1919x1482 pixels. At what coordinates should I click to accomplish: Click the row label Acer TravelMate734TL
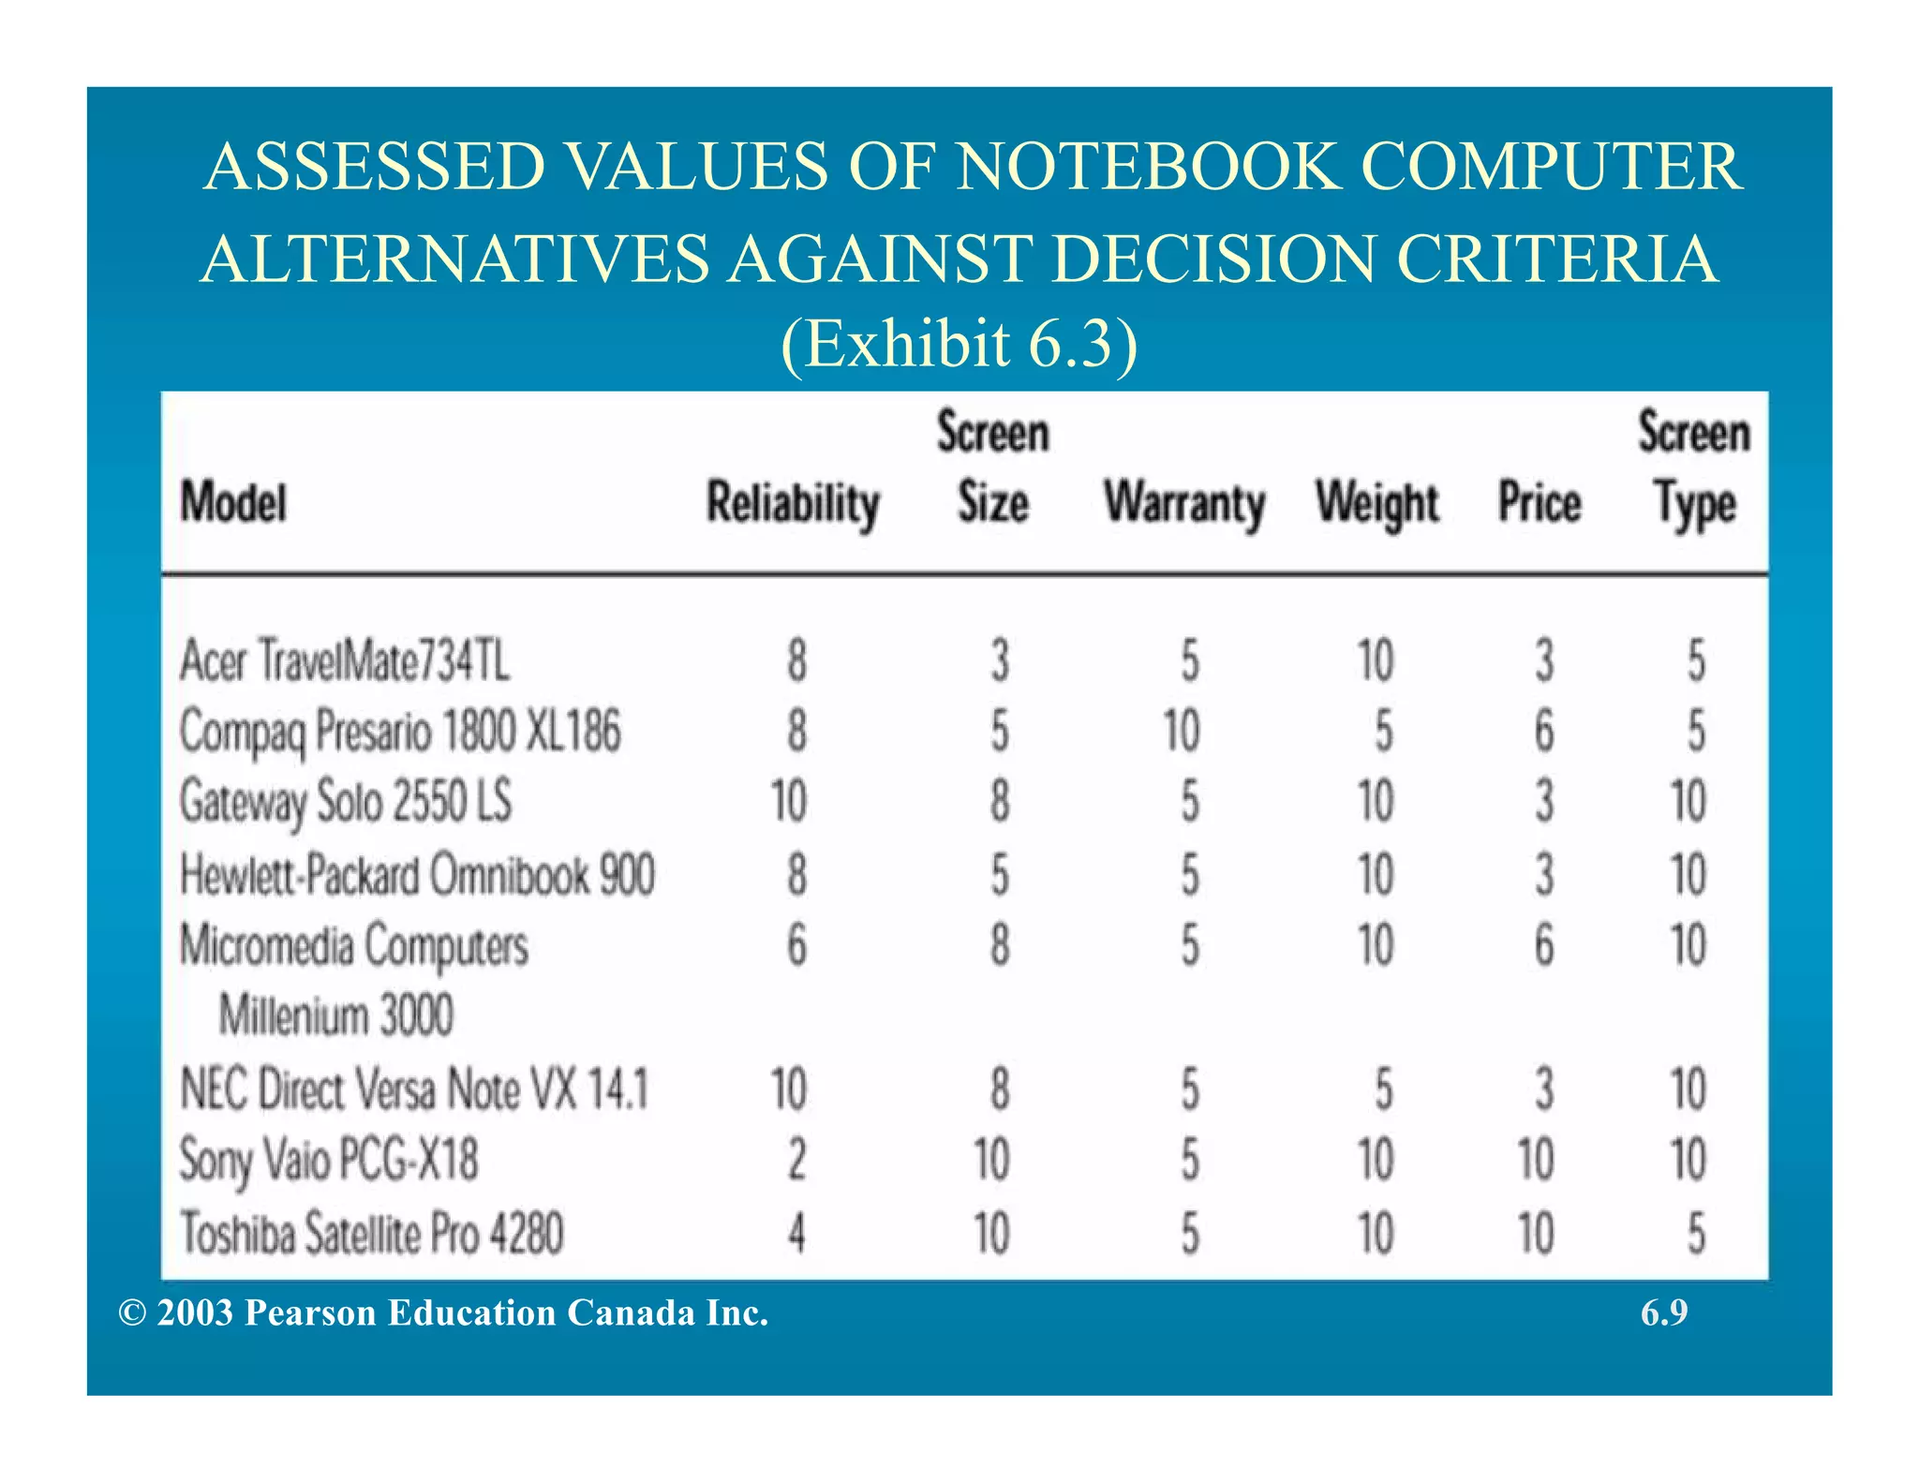345,660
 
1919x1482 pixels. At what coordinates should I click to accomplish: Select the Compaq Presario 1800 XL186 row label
400,731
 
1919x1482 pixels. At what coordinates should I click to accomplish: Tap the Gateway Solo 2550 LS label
346,802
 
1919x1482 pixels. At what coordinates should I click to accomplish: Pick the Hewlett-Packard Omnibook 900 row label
417,874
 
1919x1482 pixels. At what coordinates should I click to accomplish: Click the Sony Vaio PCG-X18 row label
329,1160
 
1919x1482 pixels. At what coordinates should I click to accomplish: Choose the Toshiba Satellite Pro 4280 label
372,1233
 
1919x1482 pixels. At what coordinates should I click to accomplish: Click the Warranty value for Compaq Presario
1182,731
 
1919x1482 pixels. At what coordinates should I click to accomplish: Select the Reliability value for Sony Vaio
796,1160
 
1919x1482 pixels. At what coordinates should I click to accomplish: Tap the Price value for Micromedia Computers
1544,945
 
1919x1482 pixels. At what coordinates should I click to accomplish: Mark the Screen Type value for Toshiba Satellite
1696,1233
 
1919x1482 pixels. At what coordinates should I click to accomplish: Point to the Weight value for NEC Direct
1383,1089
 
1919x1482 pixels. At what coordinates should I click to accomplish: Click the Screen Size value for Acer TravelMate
1000,660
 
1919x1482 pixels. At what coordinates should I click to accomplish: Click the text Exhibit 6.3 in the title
959,344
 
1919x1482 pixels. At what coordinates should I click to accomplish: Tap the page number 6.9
1664,1312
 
